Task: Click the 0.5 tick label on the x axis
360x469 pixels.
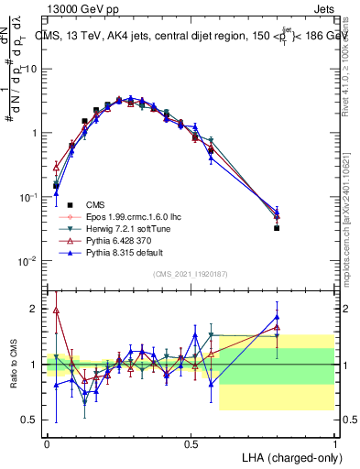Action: [191, 442]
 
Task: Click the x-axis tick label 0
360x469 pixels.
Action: [47, 442]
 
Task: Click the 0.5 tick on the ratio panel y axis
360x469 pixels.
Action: [33, 420]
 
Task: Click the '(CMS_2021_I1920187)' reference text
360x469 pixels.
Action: [191, 274]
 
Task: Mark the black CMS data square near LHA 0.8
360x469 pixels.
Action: [277, 228]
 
